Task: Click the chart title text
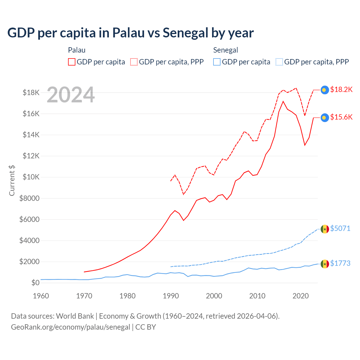tap(130, 33)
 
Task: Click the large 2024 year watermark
tap(71, 95)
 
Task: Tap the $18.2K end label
tap(341, 89)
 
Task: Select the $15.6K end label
tap(341, 117)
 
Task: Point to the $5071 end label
tap(340, 228)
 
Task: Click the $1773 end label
tap(340, 263)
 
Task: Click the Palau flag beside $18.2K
tap(325, 90)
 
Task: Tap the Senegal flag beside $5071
tap(325, 229)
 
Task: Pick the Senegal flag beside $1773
tap(325, 264)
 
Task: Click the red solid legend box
tap(72, 62)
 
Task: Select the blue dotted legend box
tap(279, 62)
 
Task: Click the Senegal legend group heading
tap(226, 50)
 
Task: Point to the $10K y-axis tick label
tap(31, 177)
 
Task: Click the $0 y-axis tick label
tap(35, 283)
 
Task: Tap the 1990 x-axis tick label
tap(171, 296)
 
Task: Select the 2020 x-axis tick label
tap(301, 296)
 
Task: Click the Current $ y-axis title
tap(12, 180)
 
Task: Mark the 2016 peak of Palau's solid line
tap(283, 101)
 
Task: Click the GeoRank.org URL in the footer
tap(70, 327)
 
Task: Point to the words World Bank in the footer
tap(75, 316)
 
